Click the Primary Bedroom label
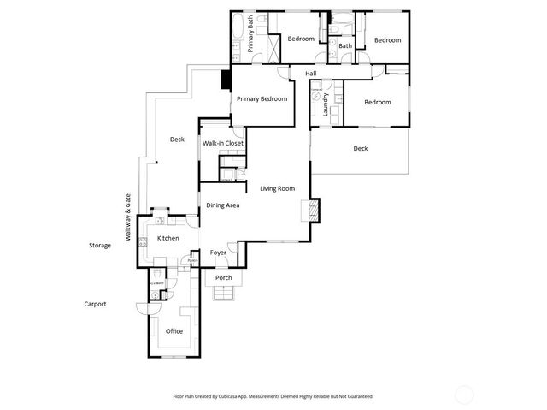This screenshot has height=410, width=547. [x=262, y=99]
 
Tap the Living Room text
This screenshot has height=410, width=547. [x=278, y=188]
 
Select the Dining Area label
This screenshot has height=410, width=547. [x=222, y=205]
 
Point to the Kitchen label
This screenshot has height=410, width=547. [x=168, y=238]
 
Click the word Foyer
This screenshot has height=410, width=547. [x=219, y=253]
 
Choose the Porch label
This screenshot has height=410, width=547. [x=224, y=278]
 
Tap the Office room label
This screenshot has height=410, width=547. [x=174, y=331]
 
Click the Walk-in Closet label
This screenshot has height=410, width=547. [x=223, y=143]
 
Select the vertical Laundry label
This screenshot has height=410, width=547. [x=326, y=104]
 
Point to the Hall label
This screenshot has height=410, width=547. [x=311, y=74]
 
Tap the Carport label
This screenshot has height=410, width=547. [x=95, y=304]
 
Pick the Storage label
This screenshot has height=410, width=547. [x=99, y=246]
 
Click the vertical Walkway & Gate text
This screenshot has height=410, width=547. [x=128, y=217]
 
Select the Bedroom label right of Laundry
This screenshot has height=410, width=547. [x=378, y=103]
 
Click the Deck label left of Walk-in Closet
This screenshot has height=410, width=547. [x=177, y=140]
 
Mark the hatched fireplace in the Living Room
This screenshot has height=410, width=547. [x=313, y=210]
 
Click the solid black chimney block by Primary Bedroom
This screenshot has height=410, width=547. [x=226, y=79]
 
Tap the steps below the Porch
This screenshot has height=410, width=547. [x=224, y=294]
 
